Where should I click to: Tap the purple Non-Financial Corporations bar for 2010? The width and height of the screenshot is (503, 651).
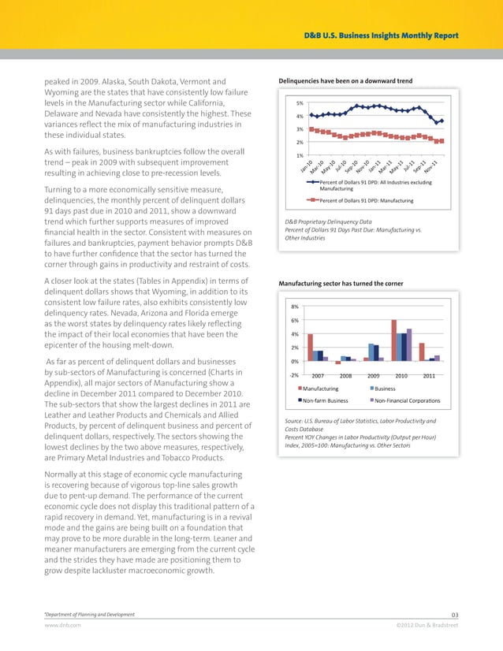pos(409,344)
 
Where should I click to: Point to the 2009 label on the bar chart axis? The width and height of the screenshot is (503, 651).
pos(374,376)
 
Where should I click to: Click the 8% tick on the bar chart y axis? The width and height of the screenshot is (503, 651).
pos(295,307)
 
